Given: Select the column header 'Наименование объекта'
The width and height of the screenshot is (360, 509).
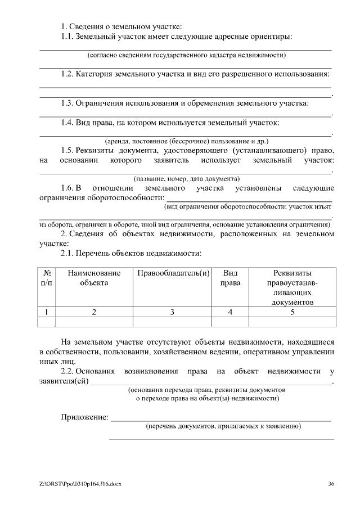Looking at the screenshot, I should (94, 278).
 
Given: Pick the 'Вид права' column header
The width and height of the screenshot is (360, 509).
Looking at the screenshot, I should (230, 278).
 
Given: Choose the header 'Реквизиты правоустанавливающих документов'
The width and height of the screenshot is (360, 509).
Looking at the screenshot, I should (292, 287).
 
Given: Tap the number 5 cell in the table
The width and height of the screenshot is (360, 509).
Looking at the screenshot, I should (292, 312).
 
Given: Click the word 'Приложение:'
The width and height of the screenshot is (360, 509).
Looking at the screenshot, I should (84, 417).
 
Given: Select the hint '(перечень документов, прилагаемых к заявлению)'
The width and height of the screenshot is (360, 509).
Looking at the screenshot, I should (223, 426).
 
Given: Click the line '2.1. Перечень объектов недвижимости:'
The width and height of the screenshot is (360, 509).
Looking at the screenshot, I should (130, 254).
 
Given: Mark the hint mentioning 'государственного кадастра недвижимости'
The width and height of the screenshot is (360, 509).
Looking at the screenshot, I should (187, 55).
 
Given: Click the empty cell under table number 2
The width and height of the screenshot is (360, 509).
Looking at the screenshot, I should (94, 322).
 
